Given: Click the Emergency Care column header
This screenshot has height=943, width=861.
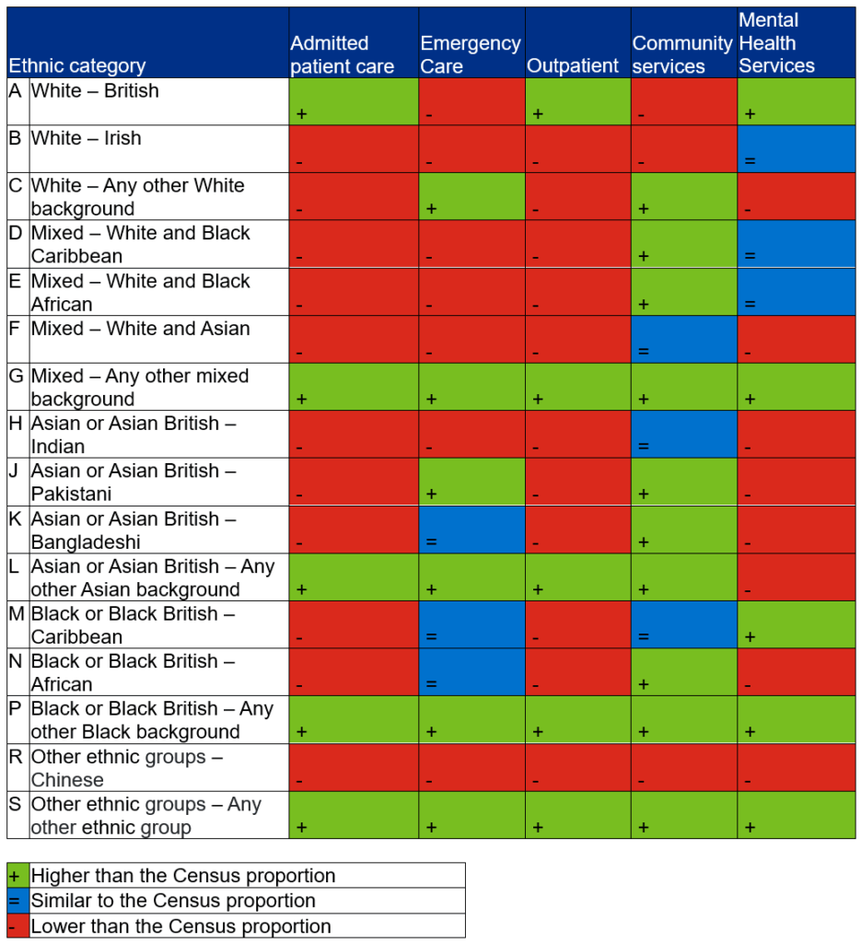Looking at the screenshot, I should tap(470, 54).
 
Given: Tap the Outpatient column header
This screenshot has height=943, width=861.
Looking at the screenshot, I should tap(573, 65).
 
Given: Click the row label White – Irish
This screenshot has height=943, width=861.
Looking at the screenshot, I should tap(87, 139).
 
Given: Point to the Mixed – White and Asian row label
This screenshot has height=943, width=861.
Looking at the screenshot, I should tap(140, 329).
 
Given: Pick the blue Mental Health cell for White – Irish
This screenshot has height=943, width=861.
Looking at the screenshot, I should tap(796, 148).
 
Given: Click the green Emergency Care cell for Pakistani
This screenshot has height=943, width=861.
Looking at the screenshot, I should tap(471, 482).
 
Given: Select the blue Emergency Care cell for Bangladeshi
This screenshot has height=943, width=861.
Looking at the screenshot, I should tap(471, 530).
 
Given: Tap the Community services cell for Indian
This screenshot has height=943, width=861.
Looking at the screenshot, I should tap(683, 435).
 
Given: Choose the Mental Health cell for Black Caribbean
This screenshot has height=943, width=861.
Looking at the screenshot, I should tap(796, 624).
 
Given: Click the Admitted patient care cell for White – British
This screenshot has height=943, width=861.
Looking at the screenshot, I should tap(354, 101).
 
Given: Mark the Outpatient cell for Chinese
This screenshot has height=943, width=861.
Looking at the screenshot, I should tap(577, 767).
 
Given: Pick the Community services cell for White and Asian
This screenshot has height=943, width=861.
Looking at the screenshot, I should tap(683, 339).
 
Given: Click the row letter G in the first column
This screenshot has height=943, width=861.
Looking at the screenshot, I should tap(16, 376).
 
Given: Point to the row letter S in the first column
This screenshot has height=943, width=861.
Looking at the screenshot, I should tap(16, 804).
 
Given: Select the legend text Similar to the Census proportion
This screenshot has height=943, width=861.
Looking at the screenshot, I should tap(173, 901).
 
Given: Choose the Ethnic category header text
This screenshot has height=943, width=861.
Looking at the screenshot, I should tap(76, 66).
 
